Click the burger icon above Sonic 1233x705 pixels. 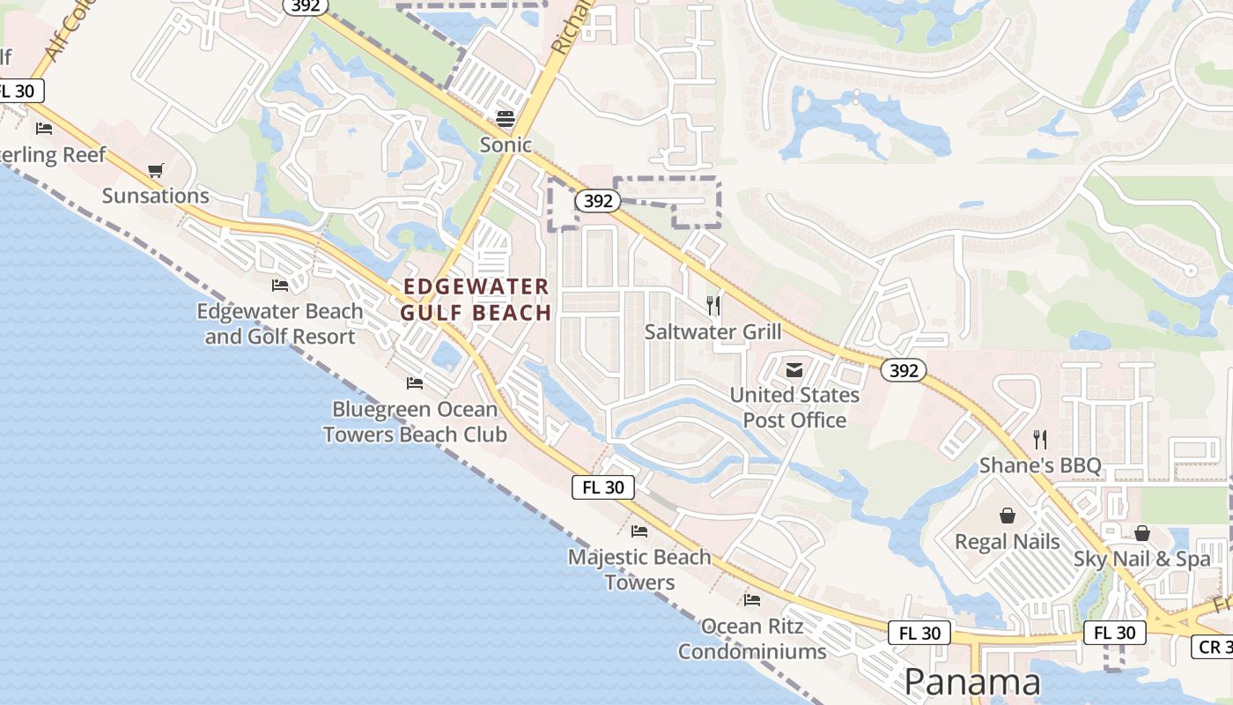(506, 118)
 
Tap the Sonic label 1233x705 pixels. (506, 145)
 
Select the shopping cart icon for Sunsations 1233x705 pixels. (156, 170)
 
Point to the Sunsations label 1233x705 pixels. (156, 196)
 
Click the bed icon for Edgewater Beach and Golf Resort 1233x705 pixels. (280, 286)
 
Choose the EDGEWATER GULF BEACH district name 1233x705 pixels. (476, 300)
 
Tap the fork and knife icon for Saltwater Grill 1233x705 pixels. (713, 306)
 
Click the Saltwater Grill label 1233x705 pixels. (712, 332)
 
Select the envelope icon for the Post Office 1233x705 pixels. (794, 369)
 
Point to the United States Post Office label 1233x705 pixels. (794, 407)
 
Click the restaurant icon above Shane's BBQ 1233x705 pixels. (1040, 439)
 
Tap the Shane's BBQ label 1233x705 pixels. (1040, 465)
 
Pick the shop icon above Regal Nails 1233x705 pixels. (1008, 516)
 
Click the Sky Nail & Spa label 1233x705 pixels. (1142, 560)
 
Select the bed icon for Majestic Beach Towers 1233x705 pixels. (639, 531)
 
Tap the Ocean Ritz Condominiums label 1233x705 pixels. (752, 639)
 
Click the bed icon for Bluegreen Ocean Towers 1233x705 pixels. (415, 383)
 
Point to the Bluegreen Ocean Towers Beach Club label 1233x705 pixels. (415, 422)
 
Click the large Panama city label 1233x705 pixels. (972, 682)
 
